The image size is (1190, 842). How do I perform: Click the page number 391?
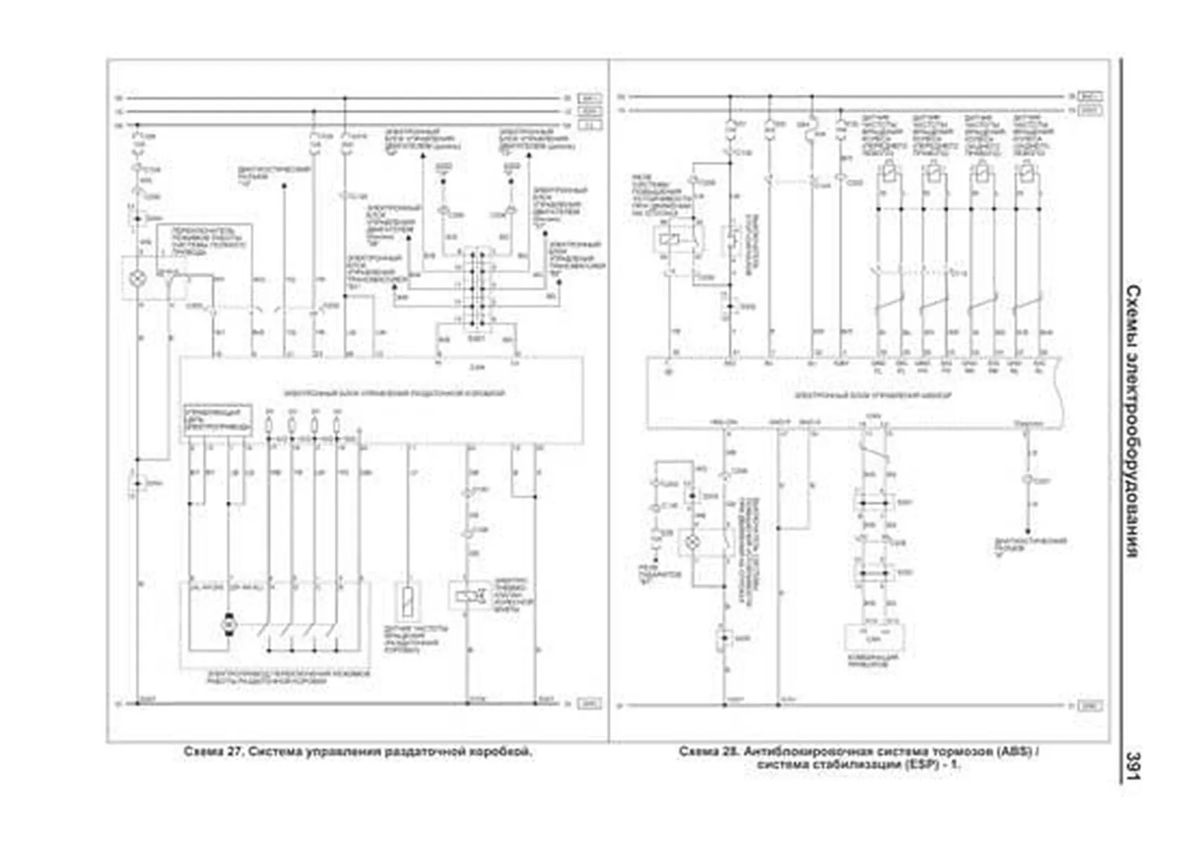1132,765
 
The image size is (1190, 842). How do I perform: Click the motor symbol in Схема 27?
229,623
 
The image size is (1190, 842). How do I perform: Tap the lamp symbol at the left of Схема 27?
138,279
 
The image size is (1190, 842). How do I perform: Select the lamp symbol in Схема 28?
693,542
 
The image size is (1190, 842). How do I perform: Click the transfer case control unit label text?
393,393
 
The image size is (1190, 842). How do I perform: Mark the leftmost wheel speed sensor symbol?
889,171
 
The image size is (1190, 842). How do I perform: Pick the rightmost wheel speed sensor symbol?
1027,171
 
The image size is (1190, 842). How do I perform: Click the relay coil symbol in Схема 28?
666,239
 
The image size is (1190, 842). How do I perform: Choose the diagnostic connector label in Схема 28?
1031,545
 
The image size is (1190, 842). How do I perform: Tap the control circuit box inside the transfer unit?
218,420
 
